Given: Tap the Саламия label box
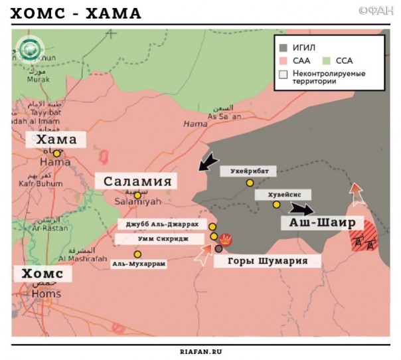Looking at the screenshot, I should coord(137,181).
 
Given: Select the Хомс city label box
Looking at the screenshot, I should coord(42,274).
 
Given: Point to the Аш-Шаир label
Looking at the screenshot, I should coord(321,223).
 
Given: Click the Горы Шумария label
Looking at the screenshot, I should coord(268,261).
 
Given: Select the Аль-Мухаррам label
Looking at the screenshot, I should coord(138,264).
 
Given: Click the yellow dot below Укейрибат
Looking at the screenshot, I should coord(250,183).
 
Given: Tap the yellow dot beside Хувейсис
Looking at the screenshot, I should coord(276,205).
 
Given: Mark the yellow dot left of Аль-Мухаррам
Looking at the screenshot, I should coord(137,254).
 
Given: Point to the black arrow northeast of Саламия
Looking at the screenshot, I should coord(208,161).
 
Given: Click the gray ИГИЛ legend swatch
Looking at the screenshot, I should coord(283,48).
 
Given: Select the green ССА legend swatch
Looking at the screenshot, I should coord(329,60).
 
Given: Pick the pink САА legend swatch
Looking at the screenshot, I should coord(283,60).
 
